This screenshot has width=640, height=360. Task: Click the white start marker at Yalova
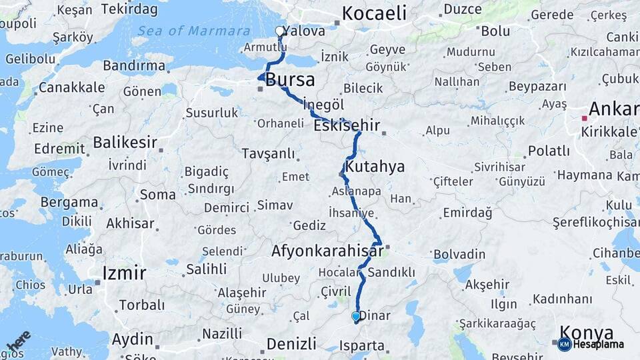point(280,31)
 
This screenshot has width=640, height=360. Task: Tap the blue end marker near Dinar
point(356,316)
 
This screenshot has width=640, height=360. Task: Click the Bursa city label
point(290,81)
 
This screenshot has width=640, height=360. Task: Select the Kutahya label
point(375,166)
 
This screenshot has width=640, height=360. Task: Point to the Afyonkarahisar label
point(327,251)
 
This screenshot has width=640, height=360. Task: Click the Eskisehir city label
point(346,125)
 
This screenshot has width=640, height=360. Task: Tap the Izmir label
point(124,273)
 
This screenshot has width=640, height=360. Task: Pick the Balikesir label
point(125,142)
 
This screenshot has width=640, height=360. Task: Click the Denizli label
point(291,343)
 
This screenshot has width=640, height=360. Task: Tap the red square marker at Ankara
point(585,118)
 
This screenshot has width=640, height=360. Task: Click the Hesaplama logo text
point(599,345)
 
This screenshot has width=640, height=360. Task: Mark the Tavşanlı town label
point(269,154)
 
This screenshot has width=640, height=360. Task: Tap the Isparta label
point(362,345)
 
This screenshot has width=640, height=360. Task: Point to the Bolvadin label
point(459,254)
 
